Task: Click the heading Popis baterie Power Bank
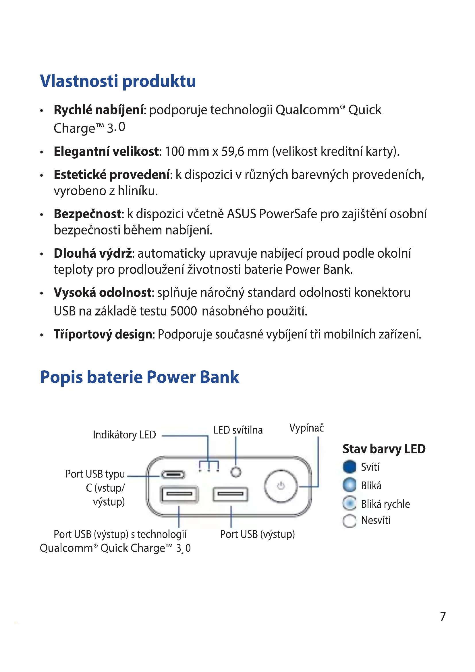pos(140,377)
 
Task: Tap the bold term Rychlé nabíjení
pos(99,110)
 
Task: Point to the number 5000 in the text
pos(184,311)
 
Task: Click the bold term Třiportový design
pos(103,334)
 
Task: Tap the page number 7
pos(443,617)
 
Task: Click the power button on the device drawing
pos(281,486)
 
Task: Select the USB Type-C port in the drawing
pos(173,474)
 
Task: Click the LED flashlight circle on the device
pos(236,472)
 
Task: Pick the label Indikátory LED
pos(124,435)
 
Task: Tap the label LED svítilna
pos(238,430)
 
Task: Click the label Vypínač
pos(306,428)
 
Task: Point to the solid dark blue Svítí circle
pos(350,467)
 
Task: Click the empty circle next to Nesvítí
pos(350,521)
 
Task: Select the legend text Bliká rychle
pos(385,504)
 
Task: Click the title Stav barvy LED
pos(384,449)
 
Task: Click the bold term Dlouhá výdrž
pos(93,253)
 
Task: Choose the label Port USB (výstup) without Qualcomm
pos(257,534)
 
